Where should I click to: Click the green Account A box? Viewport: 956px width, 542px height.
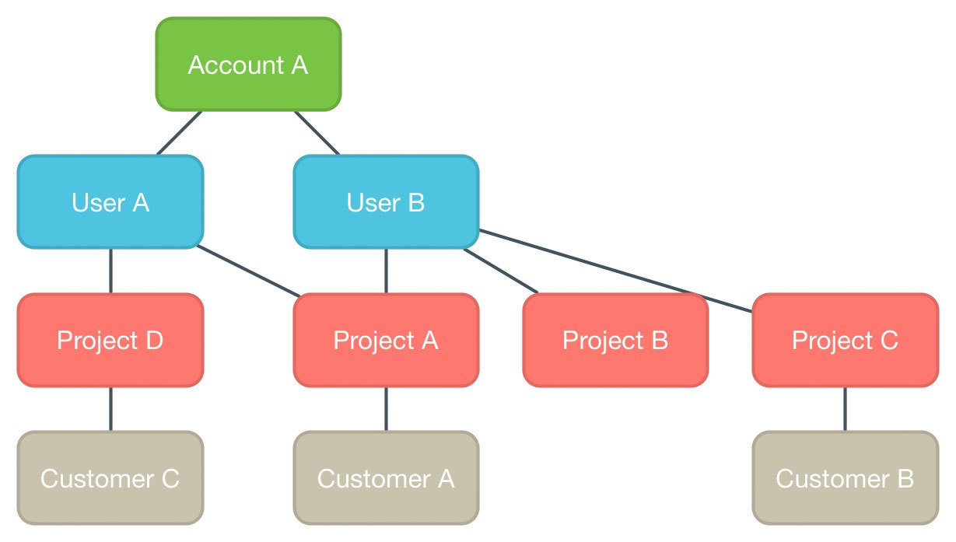pyautogui.click(x=248, y=65)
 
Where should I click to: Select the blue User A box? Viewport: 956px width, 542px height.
pyautogui.click(x=110, y=202)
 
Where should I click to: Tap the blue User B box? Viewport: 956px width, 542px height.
pyautogui.click(x=386, y=202)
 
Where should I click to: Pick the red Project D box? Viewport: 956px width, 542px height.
pyautogui.click(x=110, y=340)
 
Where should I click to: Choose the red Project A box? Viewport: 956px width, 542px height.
pyautogui.click(x=386, y=340)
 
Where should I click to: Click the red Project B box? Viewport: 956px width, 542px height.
pyautogui.click(x=615, y=340)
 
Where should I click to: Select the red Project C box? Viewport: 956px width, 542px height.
pyautogui.click(x=845, y=340)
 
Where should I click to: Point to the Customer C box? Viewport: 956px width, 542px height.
pyautogui.click(x=110, y=477)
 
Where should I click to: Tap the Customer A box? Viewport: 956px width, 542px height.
pyautogui.click(x=386, y=477)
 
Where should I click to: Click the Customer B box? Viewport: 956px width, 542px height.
pyautogui.click(x=845, y=477)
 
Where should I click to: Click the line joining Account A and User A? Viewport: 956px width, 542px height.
pyautogui.click(x=180, y=133)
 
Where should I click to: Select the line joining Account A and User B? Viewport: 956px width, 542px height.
pyautogui.click(x=317, y=133)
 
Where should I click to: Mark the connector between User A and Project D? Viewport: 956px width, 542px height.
pyautogui.click(x=110, y=271)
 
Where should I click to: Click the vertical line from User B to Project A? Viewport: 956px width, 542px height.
pyautogui.click(x=386, y=271)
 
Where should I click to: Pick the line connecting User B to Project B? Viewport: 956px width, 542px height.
pyautogui.click(x=501, y=271)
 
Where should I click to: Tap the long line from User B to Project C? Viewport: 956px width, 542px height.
pyautogui.click(x=615, y=271)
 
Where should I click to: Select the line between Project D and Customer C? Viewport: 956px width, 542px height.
pyautogui.click(x=110, y=408)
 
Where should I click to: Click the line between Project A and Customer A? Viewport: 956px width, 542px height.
pyautogui.click(x=386, y=408)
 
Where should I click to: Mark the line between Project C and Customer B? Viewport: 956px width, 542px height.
pyautogui.click(x=845, y=408)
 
